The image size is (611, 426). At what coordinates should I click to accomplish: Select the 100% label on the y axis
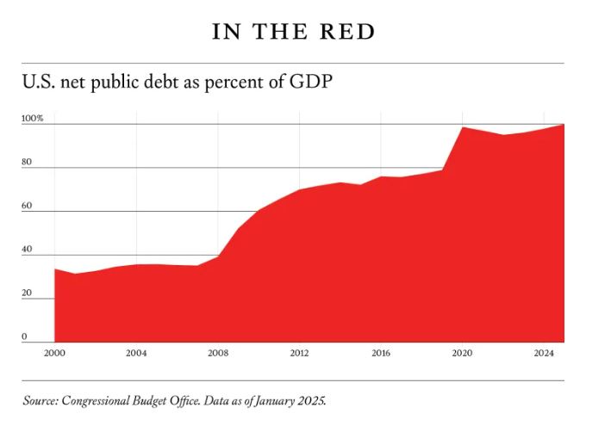(32, 118)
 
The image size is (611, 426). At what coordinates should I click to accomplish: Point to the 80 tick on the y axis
(27, 162)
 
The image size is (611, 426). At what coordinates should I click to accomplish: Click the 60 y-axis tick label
(27, 206)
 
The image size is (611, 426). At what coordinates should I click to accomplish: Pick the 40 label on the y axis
(27, 250)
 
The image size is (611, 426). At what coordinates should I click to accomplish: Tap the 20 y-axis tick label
(27, 293)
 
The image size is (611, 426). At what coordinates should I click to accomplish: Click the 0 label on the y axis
(25, 336)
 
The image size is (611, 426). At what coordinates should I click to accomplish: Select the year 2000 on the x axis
(54, 353)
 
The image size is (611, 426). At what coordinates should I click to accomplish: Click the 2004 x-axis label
(135, 353)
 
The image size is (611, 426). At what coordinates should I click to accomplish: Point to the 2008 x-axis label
(217, 353)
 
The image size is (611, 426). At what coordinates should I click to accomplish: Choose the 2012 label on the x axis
(299, 353)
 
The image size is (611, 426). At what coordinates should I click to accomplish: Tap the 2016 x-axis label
(381, 353)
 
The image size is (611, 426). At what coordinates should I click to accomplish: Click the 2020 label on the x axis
(462, 353)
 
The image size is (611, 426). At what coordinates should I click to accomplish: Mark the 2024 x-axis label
(544, 353)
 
